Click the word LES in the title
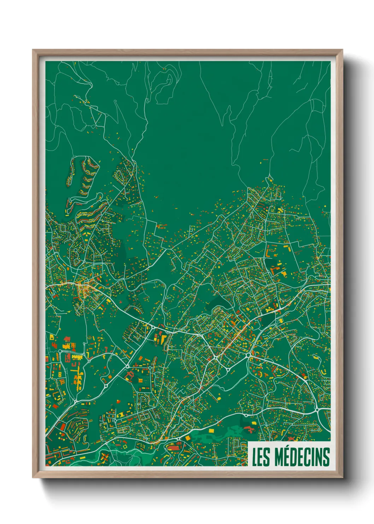261,457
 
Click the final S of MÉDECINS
326,457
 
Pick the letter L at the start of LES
255,457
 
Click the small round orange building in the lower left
109,377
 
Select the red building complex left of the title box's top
250,429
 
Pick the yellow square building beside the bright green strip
212,431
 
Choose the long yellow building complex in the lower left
77,358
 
